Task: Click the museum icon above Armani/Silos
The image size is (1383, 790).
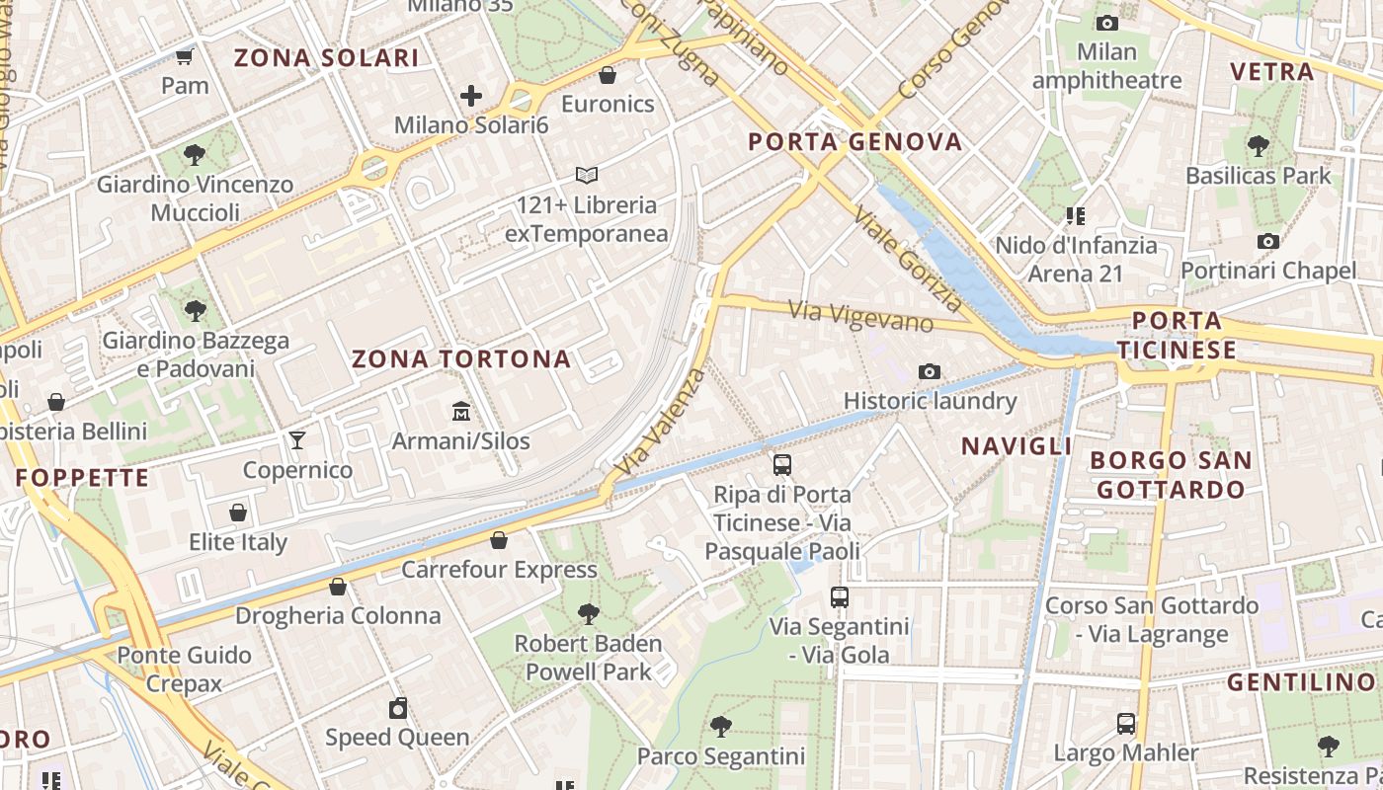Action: [x=460, y=411]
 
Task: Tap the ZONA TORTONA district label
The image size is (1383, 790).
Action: [x=461, y=359]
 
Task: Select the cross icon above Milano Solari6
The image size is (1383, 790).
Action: [x=471, y=96]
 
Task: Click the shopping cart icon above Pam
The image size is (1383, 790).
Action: [x=184, y=56]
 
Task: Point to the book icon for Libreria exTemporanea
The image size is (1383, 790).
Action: [x=587, y=176]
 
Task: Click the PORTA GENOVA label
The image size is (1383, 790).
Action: [x=854, y=142]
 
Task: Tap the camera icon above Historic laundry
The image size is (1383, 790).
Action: [x=929, y=372]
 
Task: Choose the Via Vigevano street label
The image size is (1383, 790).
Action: [x=860, y=316]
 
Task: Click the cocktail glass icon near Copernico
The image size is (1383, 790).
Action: [x=296, y=440]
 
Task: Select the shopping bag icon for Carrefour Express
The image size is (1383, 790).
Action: [x=499, y=540]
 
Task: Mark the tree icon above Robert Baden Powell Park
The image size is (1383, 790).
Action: [x=588, y=614]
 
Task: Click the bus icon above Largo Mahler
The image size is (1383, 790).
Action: [x=1125, y=724]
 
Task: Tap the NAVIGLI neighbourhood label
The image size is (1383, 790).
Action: [x=1017, y=446]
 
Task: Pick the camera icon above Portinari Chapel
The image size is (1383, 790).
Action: [x=1268, y=241]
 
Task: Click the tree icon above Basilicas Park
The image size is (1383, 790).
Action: [x=1258, y=147]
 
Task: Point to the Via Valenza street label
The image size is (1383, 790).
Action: [x=661, y=421]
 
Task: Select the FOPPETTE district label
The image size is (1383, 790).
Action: [x=83, y=479]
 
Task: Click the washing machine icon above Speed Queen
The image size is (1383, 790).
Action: [x=397, y=708]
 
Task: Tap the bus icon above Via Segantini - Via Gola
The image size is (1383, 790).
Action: [x=839, y=597]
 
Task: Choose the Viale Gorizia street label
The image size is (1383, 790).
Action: [x=908, y=259]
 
